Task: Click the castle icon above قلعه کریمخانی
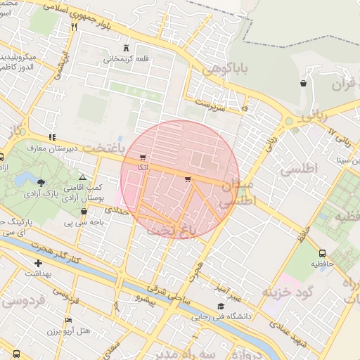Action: [126, 48]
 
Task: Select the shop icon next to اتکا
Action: [143, 157]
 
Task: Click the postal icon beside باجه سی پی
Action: [84, 211]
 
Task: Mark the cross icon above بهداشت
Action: [38, 264]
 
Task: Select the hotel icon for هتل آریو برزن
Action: [68, 320]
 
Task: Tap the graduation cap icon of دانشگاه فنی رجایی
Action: [221, 306]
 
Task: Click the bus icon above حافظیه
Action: [322, 253]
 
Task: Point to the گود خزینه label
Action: [285, 290]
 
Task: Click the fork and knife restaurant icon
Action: [73, 27]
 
